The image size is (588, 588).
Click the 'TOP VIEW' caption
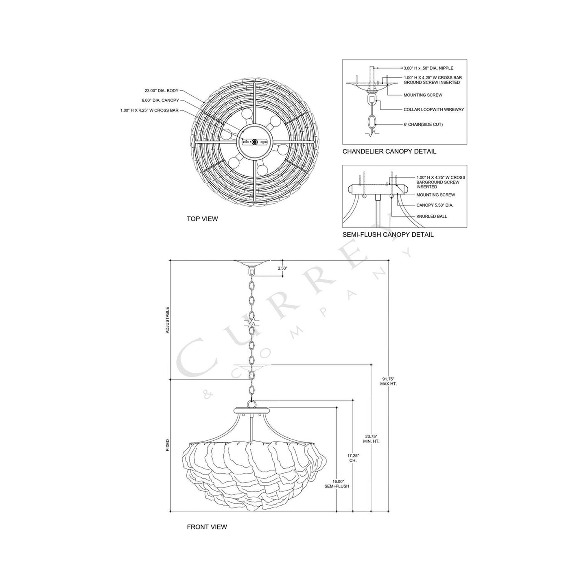202,219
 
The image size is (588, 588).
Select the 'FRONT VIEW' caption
207,527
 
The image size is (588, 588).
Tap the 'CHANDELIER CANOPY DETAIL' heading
389,151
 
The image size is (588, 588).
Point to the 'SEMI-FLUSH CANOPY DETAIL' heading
388,234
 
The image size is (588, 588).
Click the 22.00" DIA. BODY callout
162,91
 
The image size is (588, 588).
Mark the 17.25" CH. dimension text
353,458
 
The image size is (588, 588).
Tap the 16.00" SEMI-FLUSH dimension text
337,483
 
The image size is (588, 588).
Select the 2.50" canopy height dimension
282,268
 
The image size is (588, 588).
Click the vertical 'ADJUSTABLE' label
167,320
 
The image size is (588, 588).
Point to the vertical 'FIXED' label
167,445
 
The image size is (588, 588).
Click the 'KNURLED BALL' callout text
431,216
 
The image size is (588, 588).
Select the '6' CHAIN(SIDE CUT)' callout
423,125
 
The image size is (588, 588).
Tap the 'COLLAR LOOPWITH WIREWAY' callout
433,109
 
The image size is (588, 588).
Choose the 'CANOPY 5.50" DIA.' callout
435,205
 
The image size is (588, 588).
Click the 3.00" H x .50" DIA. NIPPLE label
428,68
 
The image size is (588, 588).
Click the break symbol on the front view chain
251,324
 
